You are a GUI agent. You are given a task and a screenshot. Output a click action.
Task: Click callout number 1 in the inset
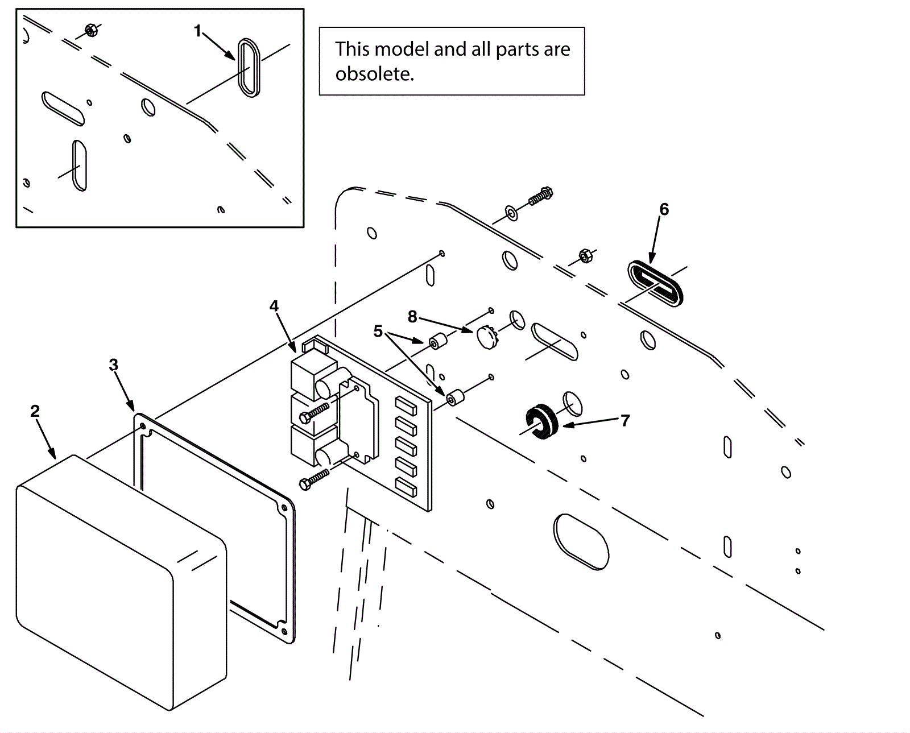[x=197, y=31]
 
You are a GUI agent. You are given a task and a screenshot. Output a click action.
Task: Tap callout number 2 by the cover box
[x=35, y=411]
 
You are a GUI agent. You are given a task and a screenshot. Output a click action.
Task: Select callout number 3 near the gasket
[x=113, y=365]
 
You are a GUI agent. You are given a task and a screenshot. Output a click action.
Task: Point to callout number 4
[x=274, y=307]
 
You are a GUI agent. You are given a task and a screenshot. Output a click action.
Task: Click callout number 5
[x=378, y=332]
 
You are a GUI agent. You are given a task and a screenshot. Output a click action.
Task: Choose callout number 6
[x=664, y=209]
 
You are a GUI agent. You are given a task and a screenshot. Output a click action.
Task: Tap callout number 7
[x=626, y=420]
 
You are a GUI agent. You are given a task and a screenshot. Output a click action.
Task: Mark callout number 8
[x=412, y=317]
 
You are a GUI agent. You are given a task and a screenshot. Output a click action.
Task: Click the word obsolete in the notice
[x=375, y=74]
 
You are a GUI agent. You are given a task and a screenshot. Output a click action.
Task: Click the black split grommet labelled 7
[x=541, y=422]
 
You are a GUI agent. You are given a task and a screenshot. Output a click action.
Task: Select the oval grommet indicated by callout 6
[x=655, y=283]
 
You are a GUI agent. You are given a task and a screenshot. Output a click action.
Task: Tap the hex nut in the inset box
[x=90, y=30]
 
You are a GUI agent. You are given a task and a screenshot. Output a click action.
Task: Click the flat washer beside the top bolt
[x=511, y=214]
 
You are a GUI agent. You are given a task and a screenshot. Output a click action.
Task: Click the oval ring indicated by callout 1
[x=249, y=68]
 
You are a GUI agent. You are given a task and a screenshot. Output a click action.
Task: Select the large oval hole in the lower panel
[x=581, y=542]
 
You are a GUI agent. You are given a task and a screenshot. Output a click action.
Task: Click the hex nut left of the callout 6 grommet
[x=586, y=256]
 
